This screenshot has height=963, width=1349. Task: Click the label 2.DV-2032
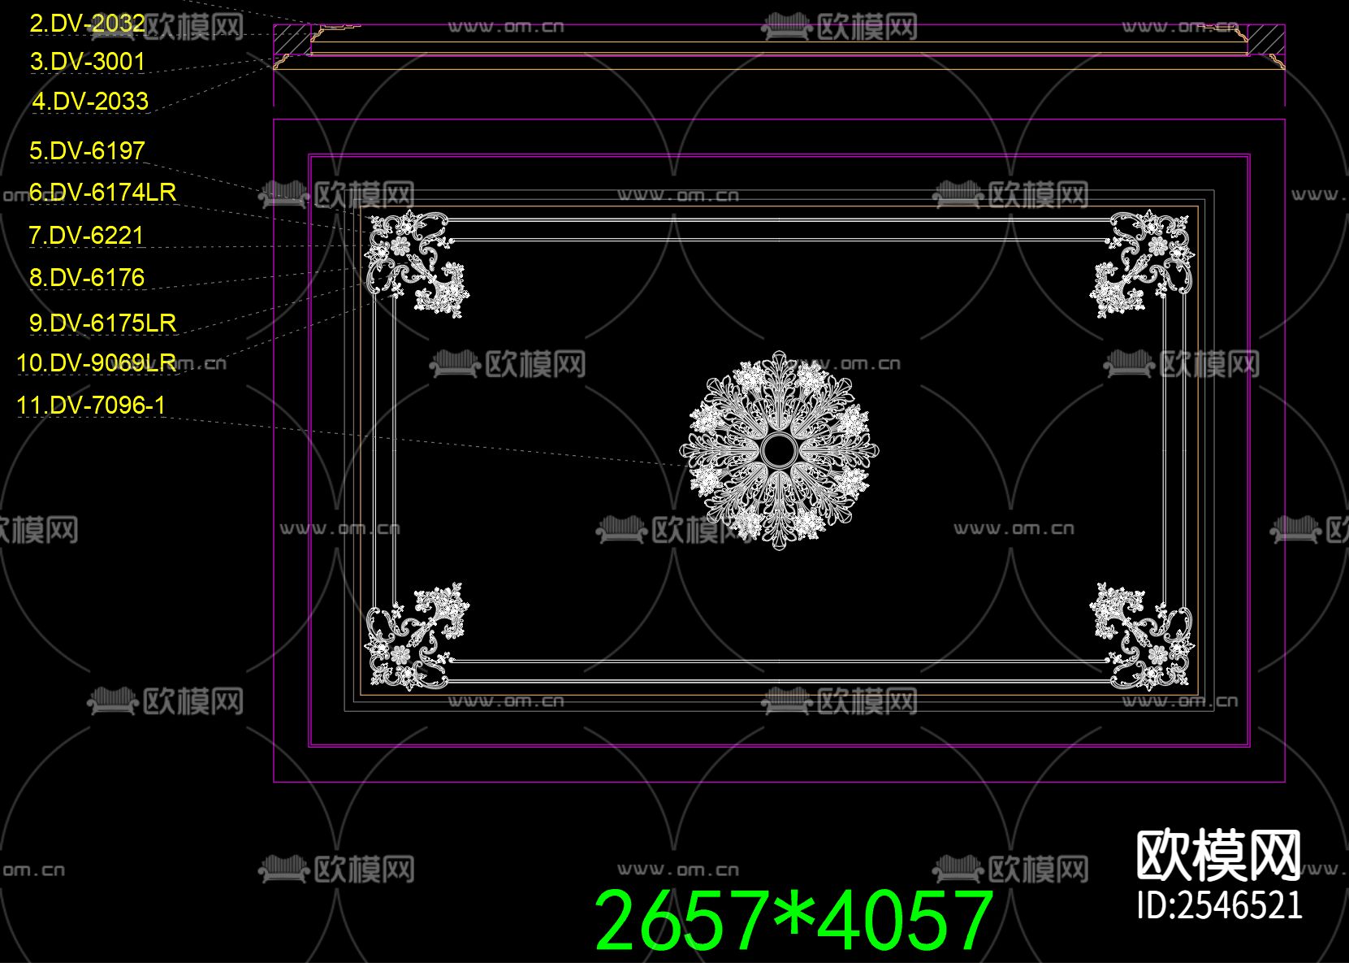pos(88,24)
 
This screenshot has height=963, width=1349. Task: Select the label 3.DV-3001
pos(88,62)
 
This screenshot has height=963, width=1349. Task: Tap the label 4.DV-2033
pos(90,102)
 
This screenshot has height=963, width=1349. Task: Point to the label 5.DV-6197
pos(88,150)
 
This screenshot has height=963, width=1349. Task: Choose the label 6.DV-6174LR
pos(102,193)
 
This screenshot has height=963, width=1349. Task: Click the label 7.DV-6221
pos(86,236)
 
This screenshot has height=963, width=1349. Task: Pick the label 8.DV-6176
pos(87,278)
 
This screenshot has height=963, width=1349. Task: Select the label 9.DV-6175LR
pos(103,323)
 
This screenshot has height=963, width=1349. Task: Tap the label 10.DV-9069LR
pos(97,363)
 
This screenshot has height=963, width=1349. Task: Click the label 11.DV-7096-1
pos(91,406)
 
